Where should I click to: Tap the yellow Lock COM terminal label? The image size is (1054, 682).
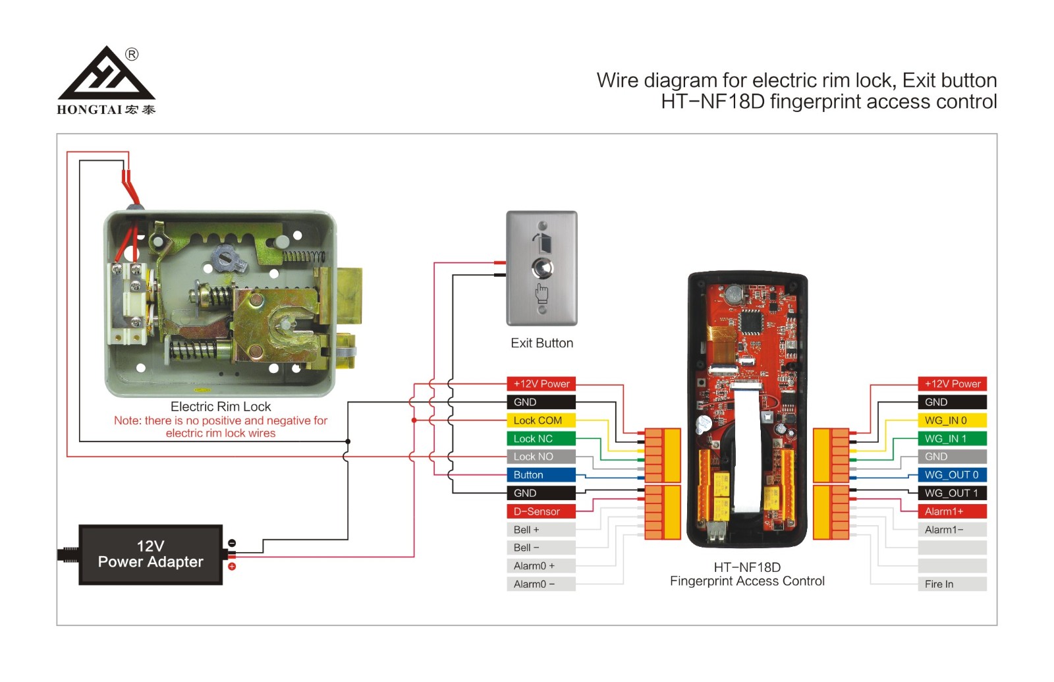(x=541, y=420)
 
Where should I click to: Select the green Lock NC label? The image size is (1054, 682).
(x=541, y=439)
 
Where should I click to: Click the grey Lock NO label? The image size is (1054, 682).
(x=541, y=457)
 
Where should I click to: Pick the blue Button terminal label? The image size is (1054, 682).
(x=541, y=475)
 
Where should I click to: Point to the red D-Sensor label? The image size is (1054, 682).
(x=541, y=511)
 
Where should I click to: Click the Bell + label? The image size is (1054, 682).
(x=541, y=530)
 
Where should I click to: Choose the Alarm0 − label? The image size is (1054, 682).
(x=541, y=584)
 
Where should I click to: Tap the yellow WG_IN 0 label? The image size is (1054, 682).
(x=953, y=420)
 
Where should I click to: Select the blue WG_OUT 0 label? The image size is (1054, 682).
(x=953, y=475)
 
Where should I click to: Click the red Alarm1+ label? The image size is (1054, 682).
(x=953, y=511)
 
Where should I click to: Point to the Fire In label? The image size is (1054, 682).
(x=953, y=584)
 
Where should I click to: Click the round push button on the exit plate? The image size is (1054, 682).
(x=542, y=268)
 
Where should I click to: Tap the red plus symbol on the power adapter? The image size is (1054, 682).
(x=232, y=566)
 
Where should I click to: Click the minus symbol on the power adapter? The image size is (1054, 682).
(x=232, y=543)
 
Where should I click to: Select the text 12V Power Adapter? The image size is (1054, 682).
(x=151, y=554)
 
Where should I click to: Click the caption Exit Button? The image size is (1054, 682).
(x=542, y=343)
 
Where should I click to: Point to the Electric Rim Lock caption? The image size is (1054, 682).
(x=221, y=407)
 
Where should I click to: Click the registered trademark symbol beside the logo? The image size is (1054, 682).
(x=132, y=55)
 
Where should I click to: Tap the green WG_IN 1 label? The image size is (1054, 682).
(x=953, y=439)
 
